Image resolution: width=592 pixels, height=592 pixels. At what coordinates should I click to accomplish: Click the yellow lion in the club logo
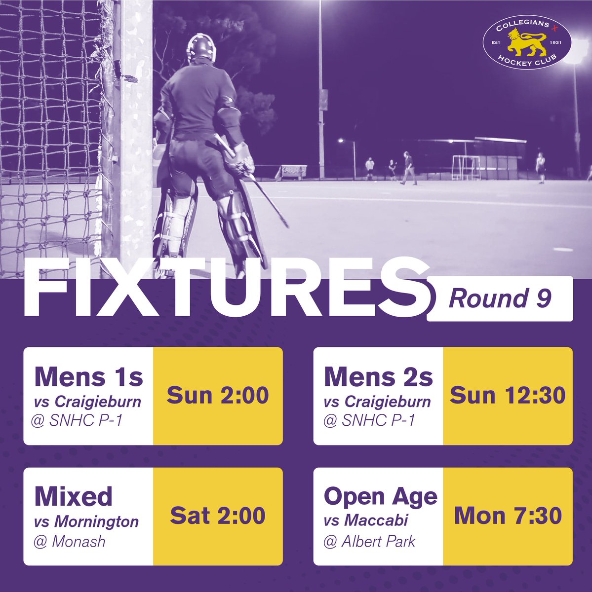tap(527, 44)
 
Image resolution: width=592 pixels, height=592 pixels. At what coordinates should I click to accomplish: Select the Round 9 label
tap(499, 299)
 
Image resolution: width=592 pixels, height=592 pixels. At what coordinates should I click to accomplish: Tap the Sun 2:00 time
tap(218, 396)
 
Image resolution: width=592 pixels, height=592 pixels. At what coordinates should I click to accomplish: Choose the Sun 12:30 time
tap(508, 396)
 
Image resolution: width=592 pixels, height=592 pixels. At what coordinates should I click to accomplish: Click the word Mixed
tap(74, 497)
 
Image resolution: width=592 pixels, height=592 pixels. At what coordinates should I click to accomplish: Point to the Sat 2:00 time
tap(218, 516)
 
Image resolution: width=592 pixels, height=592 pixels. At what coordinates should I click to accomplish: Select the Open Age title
tap(381, 497)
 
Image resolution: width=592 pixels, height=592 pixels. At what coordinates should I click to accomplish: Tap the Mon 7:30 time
tap(508, 516)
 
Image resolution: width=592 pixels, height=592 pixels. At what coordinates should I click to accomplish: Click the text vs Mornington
tap(86, 521)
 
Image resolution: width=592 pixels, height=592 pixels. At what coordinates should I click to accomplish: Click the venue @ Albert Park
tap(369, 542)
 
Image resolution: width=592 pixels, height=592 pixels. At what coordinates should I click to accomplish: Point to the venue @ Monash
tap(70, 542)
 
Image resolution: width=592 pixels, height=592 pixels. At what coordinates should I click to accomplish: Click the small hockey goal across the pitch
tap(466, 163)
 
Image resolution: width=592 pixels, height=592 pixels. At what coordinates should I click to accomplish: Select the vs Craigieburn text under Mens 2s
tap(377, 402)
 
